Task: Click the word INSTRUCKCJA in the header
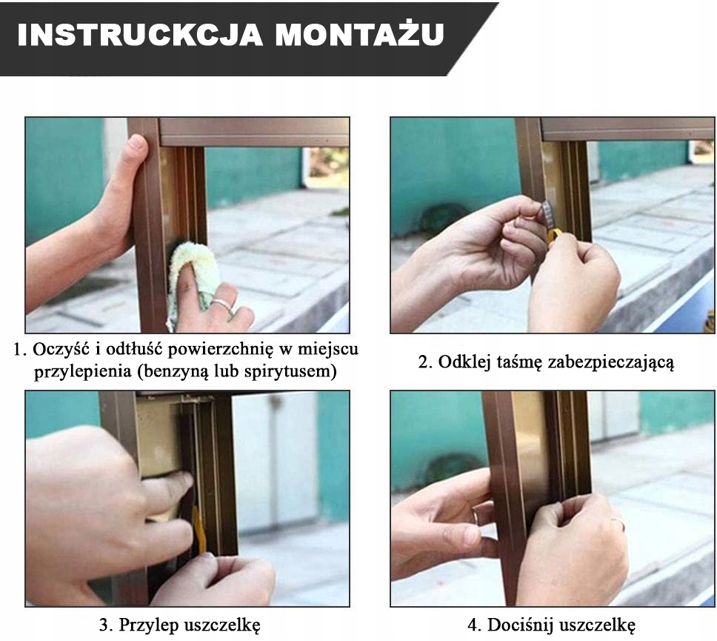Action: [x=140, y=34]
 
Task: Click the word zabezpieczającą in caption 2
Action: [x=611, y=363]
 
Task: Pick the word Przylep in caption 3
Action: [x=148, y=625]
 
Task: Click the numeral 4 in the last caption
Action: [x=473, y=625]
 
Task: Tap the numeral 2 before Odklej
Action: [x=423, y=362]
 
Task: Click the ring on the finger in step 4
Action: [x=477, y=516]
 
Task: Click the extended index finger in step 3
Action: [x=164, y=485]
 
